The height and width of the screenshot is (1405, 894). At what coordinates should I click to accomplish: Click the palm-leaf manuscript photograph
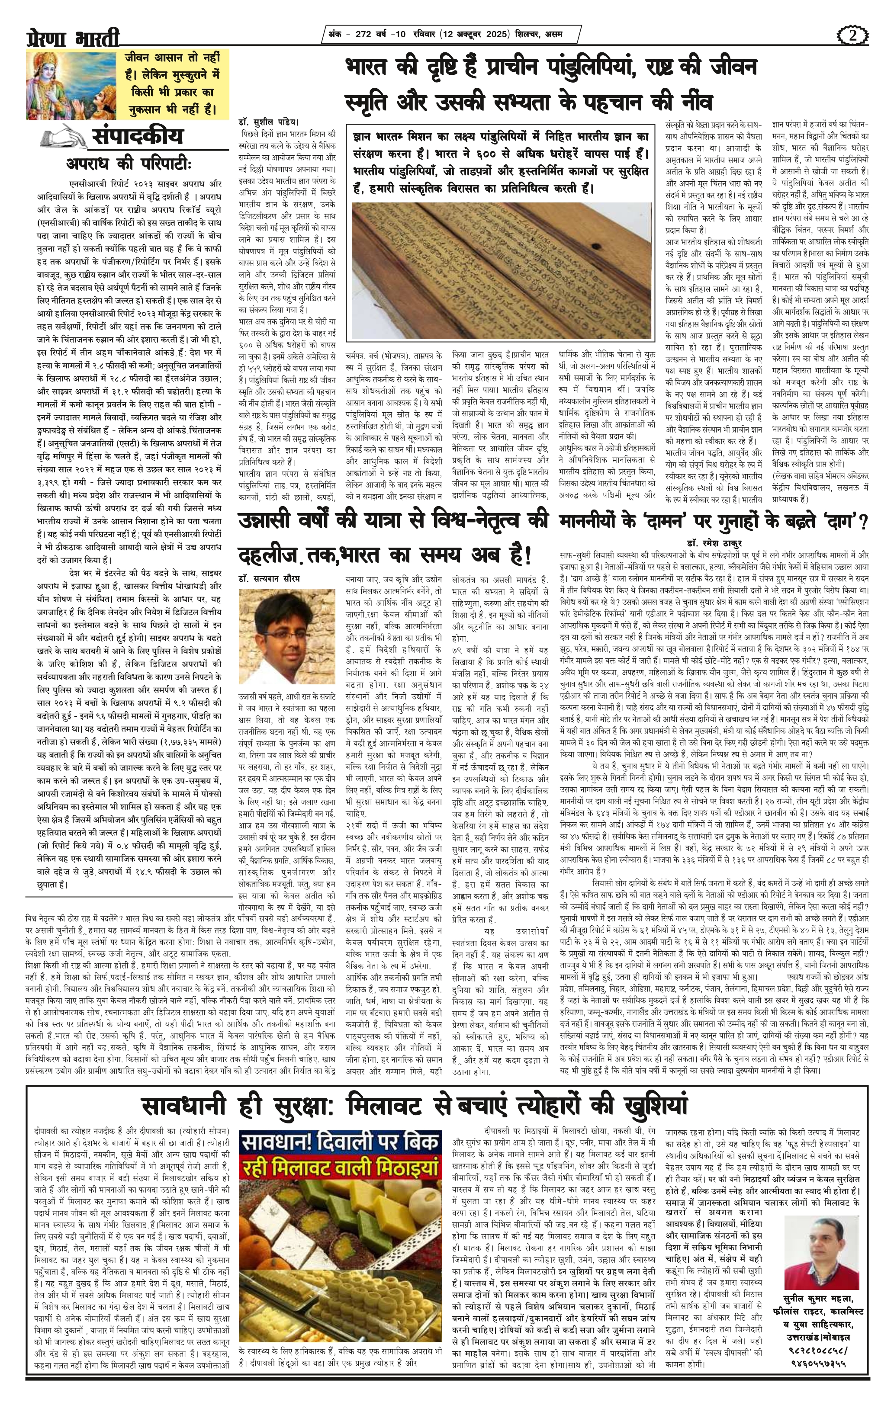(501, 269)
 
